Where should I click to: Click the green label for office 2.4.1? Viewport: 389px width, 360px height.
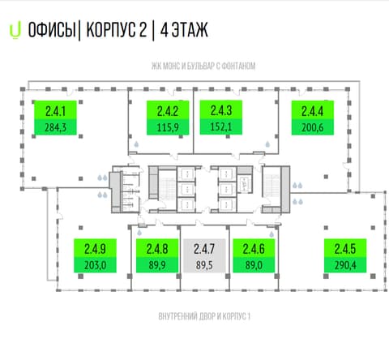[x=55, y=118]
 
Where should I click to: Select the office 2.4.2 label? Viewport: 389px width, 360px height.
[x=168, y=118]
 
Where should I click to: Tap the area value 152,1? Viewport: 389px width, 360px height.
[x=221, y=126]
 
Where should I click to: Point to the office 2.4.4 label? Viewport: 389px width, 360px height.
[x=313, y=118]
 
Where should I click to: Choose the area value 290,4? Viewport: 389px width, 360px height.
[x=345, y=265]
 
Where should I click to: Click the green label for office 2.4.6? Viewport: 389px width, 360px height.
[x=254, y=255]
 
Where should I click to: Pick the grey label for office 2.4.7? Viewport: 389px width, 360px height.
[x=204, y=255]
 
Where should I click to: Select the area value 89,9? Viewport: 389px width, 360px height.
[x=157, y=265]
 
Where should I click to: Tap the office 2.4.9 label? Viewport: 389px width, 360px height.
[x=95, y=255]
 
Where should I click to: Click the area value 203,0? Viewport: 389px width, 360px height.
[x=95, y=265]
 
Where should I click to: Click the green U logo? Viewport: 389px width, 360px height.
[x=15, y=32]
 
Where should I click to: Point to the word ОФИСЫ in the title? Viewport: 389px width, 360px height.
[x=52, y=30]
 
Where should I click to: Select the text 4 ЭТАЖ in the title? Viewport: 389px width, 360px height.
[x=184, y=30]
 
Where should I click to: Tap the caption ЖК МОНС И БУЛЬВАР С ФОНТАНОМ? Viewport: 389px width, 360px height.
[x=203, y=66]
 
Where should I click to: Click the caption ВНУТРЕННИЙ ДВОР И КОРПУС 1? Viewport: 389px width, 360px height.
[x=204, y=316]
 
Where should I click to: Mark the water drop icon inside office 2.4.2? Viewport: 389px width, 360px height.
[x=136, y=144]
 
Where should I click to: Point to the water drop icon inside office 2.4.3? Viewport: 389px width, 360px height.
[x=267, y=144]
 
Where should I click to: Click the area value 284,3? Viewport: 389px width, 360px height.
[x=55, y=127]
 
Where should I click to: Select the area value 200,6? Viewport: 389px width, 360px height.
[x=313, y=127]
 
